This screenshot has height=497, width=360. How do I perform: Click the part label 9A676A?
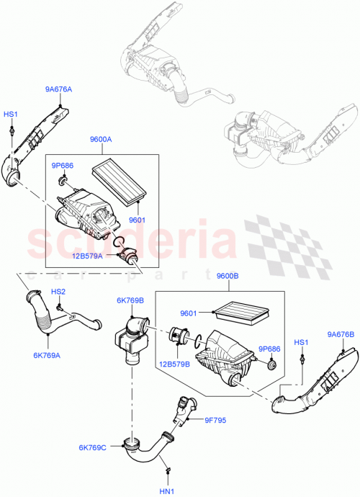tap(59, 89)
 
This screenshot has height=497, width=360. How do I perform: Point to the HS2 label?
tap(58, 292)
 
